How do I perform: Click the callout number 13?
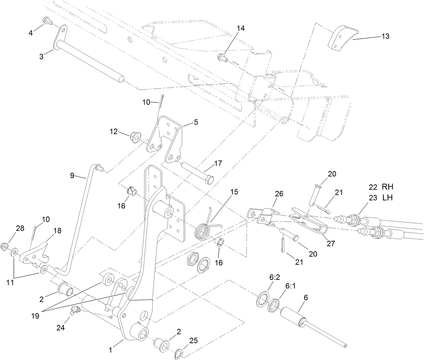click(385, 36)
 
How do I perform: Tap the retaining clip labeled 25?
click(179, 354)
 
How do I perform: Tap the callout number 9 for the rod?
click(71, 175)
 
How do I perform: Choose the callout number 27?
click(331, 243)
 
